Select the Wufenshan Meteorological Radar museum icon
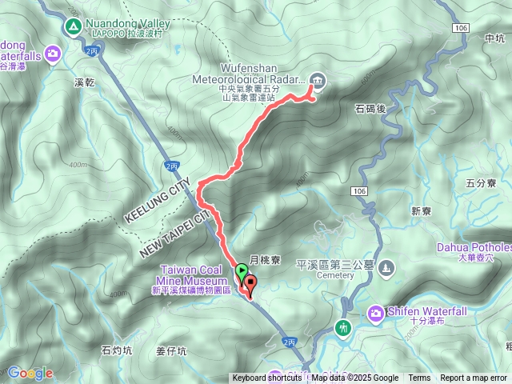(317, 79)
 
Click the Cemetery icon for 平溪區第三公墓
(387, 267)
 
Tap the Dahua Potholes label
(474, 248)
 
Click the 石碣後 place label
(369, 106)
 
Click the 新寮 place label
(421, 211)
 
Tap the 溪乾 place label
(83, 82)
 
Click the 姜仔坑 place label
(171, 350)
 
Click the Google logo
(30, 373)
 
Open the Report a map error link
(473, 378)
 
